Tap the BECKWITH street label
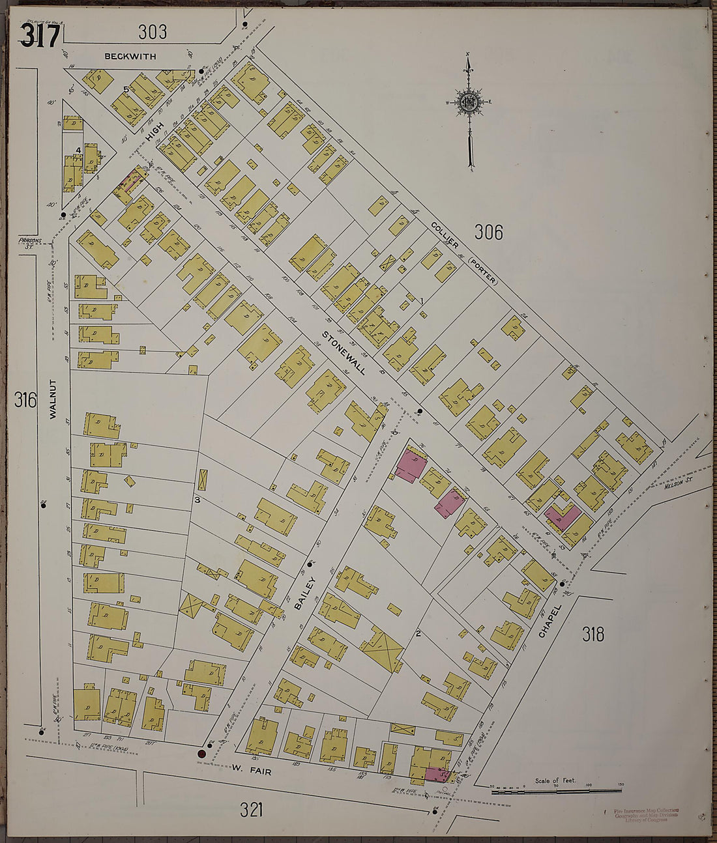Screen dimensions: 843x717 tap(130, 57)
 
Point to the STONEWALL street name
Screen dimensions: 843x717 tap(343, 352)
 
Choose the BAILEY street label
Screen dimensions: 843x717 tap(304, 593)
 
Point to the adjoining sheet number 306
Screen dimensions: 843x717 tap(488, 231)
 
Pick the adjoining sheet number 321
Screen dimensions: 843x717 tap(252, 810)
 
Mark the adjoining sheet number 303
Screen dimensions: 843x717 tap(153, 31)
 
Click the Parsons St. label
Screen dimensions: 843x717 tap(25, 242)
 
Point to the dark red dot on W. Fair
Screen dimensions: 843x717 tap(201, 754)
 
